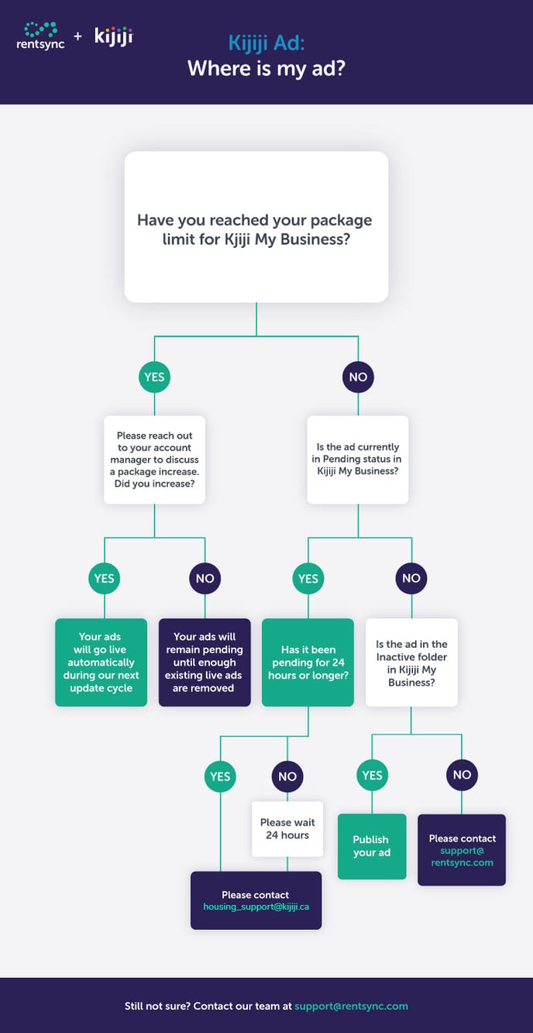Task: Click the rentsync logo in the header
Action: [40, 36]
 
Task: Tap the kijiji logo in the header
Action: [113, 36]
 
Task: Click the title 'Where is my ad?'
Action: [266, 69]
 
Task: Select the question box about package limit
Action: [256, 227]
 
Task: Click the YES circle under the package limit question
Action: [154, 377]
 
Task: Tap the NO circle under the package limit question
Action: [358, 377]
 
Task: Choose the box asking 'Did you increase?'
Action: [154, 460]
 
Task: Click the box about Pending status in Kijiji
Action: [358, 460]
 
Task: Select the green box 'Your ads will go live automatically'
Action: [101, 663]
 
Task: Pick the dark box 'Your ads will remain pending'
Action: [205, 663]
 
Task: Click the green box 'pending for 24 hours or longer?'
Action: [308, 663]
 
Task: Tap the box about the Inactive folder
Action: [411, 663]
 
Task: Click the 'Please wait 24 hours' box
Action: [287, 829]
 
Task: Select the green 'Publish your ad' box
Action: [372, 846]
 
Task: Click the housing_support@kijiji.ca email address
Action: [256, 907]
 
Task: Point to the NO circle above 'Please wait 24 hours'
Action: [287, 776]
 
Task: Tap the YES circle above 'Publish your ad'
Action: [372, 775]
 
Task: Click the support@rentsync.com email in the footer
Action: [351, 1006]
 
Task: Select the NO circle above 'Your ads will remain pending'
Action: [205, 578]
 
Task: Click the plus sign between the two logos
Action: [77, 36]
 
